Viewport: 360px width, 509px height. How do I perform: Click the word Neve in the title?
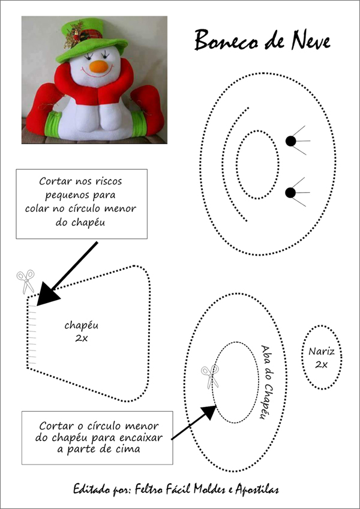311,41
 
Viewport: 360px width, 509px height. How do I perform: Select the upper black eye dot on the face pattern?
290,141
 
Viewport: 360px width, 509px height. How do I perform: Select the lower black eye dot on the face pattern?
290,193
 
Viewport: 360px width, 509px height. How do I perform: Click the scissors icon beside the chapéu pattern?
26,281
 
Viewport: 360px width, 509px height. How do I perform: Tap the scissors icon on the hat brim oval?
210,376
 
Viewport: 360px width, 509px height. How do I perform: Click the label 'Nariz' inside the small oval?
321,351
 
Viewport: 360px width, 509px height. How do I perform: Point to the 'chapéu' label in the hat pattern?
81,325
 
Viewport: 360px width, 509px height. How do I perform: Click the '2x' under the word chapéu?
81,339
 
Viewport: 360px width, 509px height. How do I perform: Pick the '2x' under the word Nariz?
321,364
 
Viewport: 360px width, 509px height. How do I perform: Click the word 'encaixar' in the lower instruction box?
143,438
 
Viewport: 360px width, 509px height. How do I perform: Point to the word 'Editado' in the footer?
88,489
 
